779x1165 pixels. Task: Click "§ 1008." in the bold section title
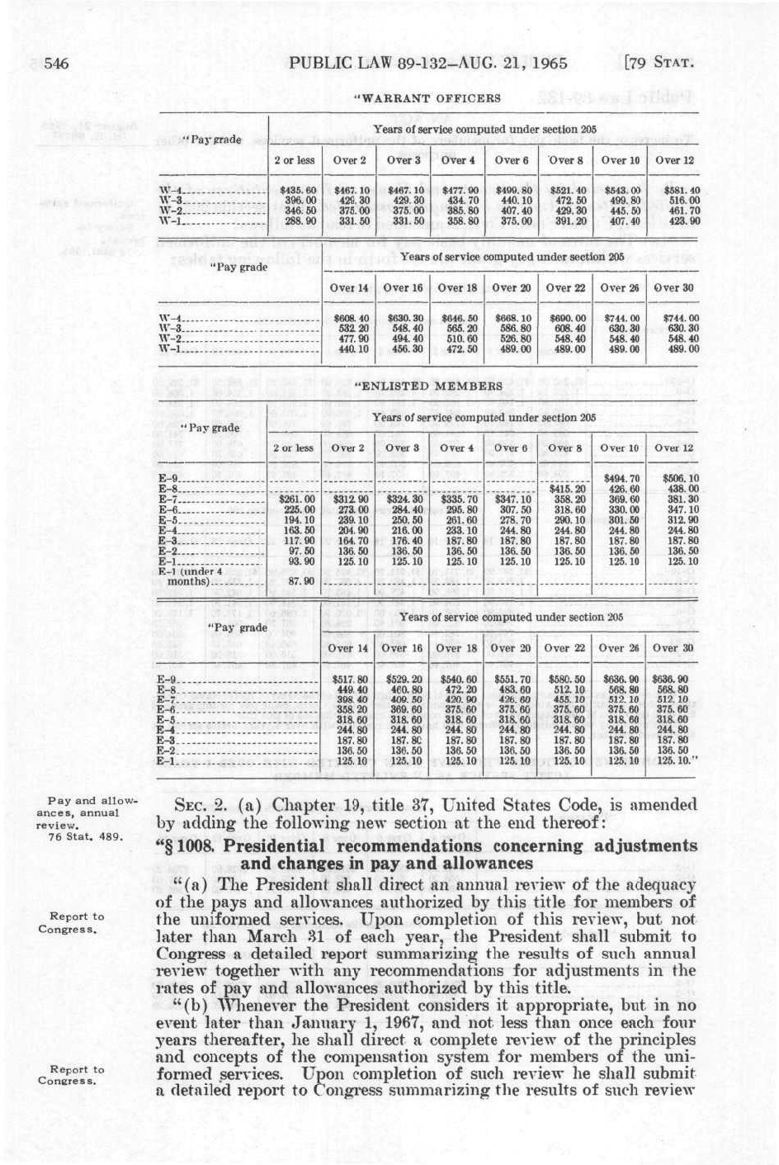[185, 846]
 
